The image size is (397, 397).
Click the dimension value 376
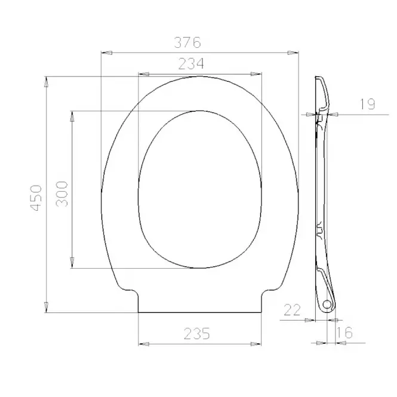click(x=187, y=42)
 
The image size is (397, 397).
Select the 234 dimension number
click(x=191, y=63)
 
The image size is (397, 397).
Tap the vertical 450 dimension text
click(x=36, y=198)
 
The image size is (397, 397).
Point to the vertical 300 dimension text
click(x=62, y=194)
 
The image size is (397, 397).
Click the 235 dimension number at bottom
click(x=197, y=334)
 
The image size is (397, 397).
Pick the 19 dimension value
click(x=368, y=104)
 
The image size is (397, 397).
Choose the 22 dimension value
click(x=292, y=310)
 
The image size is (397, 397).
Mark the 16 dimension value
click(x=344, y=333)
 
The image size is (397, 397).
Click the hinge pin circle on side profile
click(x=327, y=304)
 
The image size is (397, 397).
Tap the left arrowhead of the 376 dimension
click(x=106, y=53)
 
